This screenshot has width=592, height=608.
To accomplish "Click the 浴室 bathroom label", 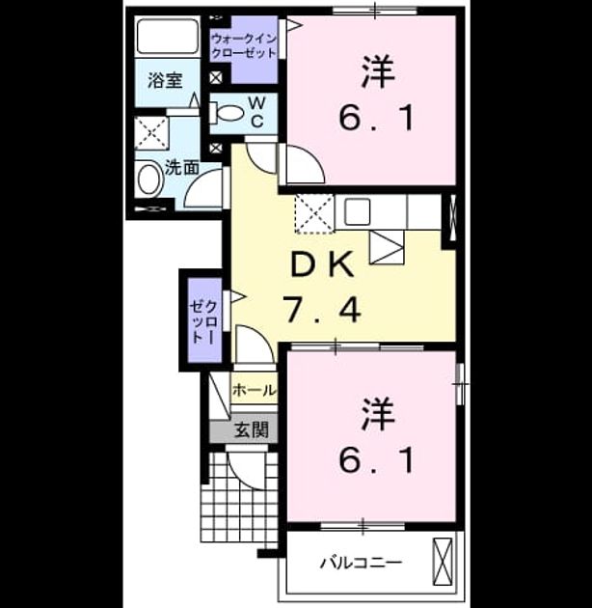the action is pos(165,80).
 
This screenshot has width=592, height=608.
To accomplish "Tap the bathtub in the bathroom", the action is pos(168,36).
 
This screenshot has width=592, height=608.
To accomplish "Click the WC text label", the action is pos(256,113).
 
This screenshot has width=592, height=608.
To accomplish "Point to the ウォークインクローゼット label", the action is pos(244,45).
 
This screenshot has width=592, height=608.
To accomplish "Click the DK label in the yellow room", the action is pos(322,264).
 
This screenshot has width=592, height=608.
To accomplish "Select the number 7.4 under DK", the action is pos(322,309).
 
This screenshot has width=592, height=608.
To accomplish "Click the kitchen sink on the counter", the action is pos(357,211).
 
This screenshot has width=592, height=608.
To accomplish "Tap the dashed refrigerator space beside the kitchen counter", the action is pos(314,214).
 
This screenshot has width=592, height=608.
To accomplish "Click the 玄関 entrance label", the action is pos(252,429).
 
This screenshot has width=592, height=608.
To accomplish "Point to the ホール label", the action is pos(255,390).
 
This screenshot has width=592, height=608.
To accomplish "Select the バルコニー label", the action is pos(362,563).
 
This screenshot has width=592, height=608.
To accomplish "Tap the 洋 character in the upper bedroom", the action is pos(378,71).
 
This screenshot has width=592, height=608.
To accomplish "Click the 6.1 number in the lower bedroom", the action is pos(377,460).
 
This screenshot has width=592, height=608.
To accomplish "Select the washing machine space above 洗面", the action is pos(151,132).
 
